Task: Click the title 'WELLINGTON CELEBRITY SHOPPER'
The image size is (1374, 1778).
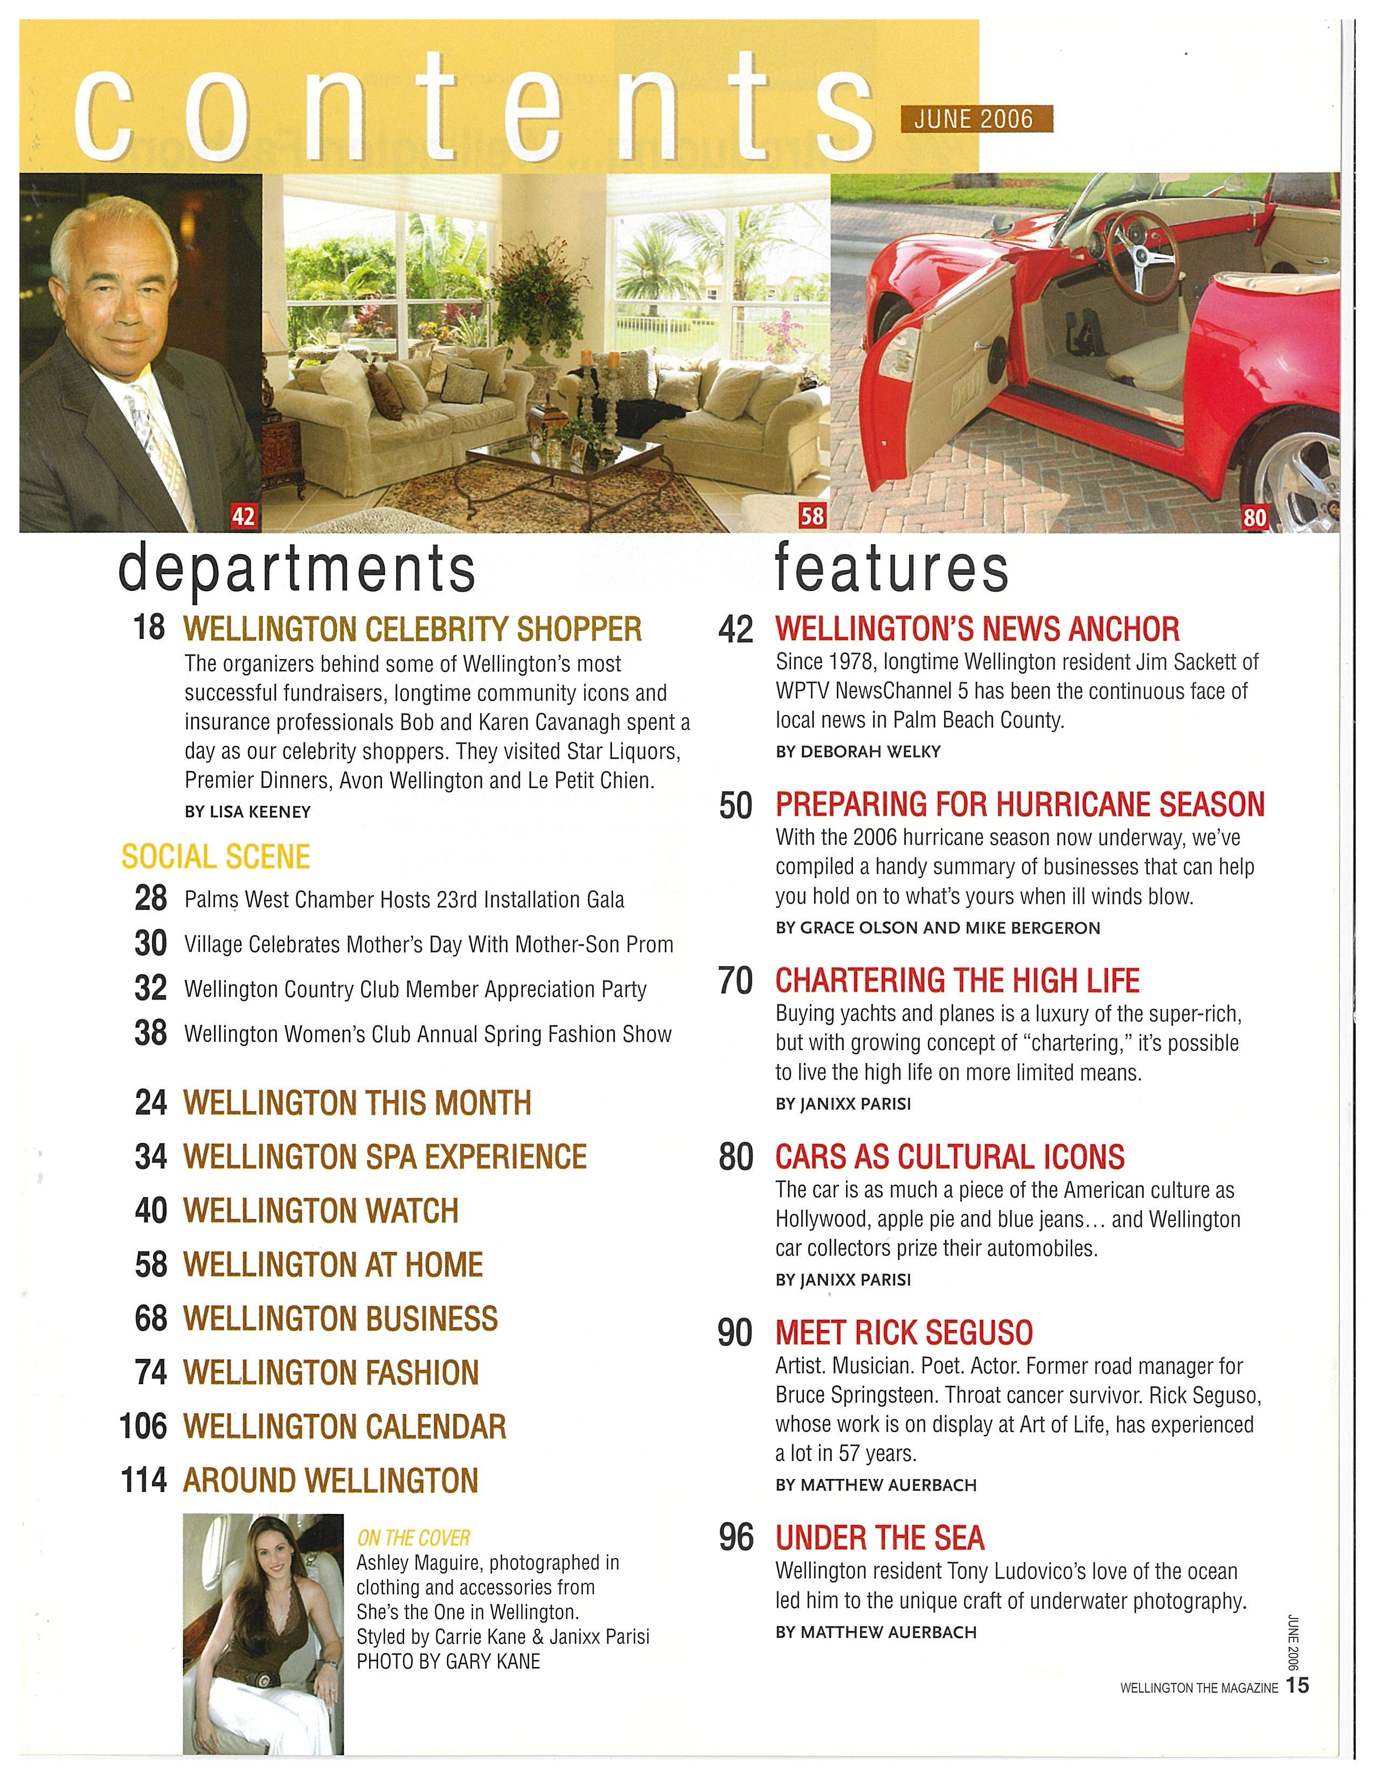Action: click(413, 629)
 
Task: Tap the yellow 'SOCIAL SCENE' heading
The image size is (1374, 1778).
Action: click(216, 857)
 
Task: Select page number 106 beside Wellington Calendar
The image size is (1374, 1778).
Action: click(143, 1426)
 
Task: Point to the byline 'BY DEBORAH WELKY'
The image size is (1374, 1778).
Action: click(858, 752)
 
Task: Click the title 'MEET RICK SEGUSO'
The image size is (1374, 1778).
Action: click(904, 1332)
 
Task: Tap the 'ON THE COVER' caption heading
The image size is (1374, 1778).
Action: click(413, 1538)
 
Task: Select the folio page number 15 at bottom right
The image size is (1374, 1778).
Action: click(1299, 1686)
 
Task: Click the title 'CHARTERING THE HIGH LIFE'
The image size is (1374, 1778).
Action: click(957, 981)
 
